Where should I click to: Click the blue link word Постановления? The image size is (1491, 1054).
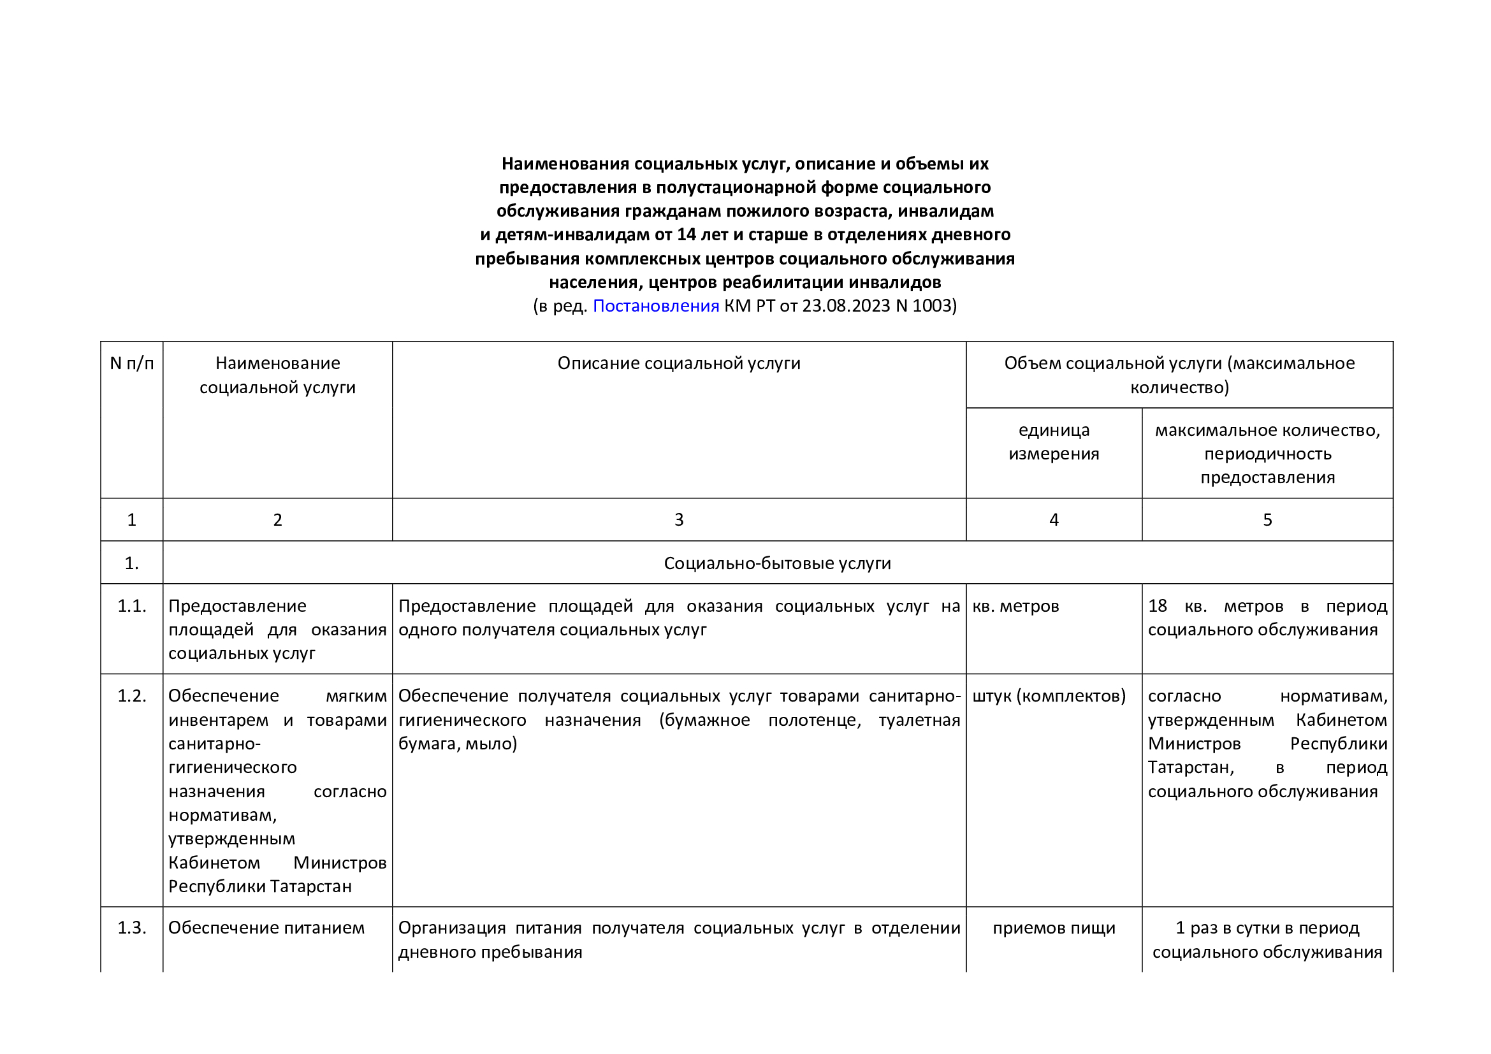click(x=655, y=306)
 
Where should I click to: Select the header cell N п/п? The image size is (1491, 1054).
click(x=132, y=363)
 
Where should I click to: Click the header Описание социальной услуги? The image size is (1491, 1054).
click(x=679, y=363)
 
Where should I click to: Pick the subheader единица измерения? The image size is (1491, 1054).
click(x=1053, y=442)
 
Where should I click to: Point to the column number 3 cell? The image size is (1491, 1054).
click(x=679, y=520)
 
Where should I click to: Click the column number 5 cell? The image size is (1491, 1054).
click(x=1267, y=520)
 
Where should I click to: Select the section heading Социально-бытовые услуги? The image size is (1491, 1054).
click(x=776, y=563)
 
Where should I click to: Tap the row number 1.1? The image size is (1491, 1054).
click(x=132, y=606)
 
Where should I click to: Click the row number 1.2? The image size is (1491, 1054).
click(x=132, y=697)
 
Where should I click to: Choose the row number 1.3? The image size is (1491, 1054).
click(x=132, y=928)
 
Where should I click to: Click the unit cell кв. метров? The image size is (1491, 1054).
click(x=1015, y=606)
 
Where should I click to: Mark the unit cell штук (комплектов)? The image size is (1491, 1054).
click(x=1049, y=697)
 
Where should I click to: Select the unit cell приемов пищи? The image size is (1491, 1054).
click(x=1053, y=928)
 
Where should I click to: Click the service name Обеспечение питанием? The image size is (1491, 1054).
click(x=266, y=928)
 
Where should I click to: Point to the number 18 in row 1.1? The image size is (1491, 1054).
click(x=1157, y=606)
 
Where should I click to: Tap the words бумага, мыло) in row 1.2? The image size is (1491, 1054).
click(x=457, y=744)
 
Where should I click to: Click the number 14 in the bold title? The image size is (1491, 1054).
click(x=687, y=235)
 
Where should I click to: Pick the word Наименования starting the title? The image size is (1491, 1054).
click(x=565, y=164)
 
